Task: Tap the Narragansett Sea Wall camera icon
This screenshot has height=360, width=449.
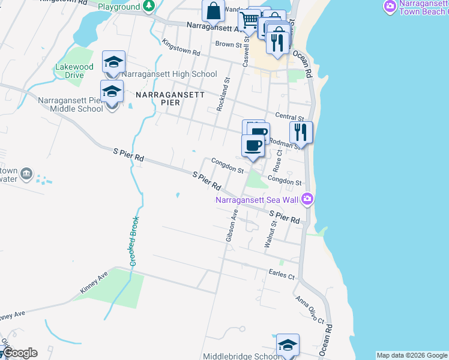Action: point(307,198)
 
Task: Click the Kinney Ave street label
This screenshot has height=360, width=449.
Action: point(93,282)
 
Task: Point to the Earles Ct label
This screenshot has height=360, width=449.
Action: point(282,277)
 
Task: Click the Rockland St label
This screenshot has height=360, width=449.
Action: point(223,94)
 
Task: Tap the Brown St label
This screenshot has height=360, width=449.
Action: point(228,44)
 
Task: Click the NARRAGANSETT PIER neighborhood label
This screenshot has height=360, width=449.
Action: point(170,100)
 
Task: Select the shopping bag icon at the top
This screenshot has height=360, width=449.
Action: point(213,11)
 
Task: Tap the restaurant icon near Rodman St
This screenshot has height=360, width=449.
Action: point(301,132)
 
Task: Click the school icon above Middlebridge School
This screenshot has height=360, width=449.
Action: point(288,345)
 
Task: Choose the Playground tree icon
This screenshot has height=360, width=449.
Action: point(149,6)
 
